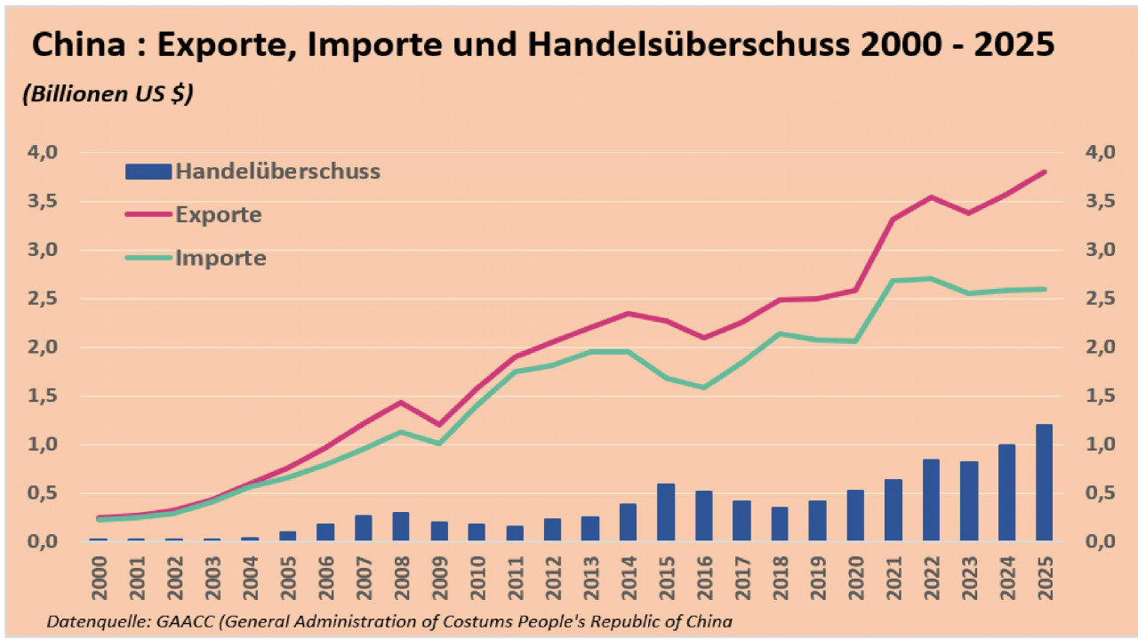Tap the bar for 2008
click(401, 526)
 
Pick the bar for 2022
click(931, 500)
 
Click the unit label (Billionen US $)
click(108, 94)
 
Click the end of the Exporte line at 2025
click(1045, 172)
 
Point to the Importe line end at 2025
click(1045, 289)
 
